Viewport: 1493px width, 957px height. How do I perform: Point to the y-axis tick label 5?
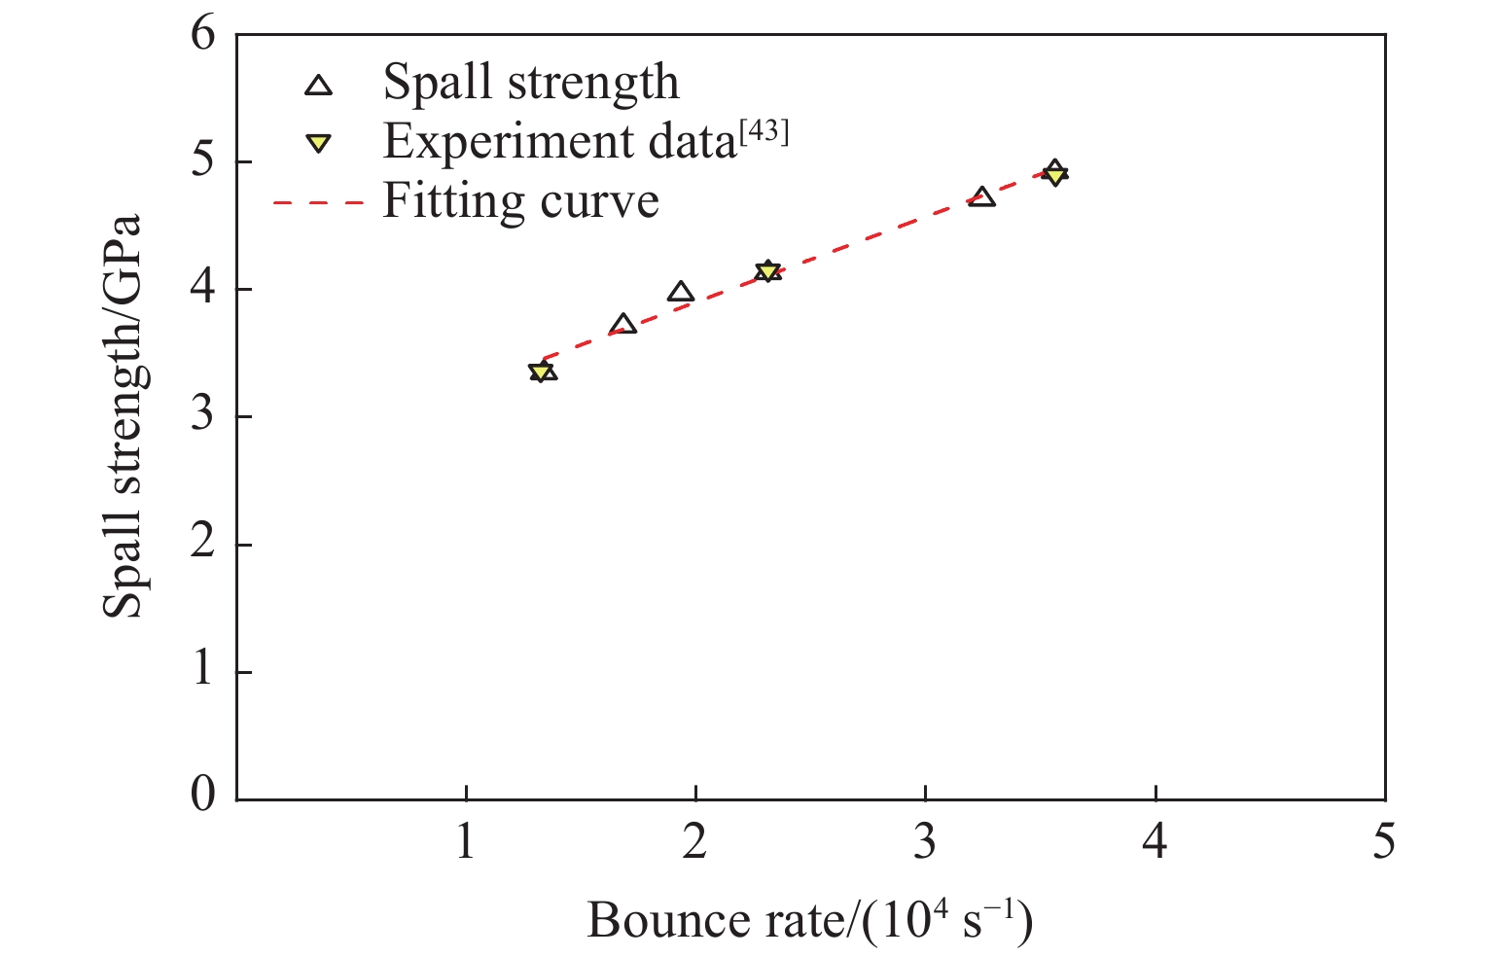pos(203,162)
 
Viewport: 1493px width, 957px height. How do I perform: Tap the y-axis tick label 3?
pos(203,417)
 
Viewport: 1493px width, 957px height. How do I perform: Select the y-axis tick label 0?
pos(203,796)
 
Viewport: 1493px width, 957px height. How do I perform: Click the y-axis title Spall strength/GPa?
pos(124,416)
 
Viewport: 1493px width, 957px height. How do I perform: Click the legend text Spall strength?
pos(531,83)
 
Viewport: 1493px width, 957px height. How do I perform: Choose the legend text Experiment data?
pos(559,143)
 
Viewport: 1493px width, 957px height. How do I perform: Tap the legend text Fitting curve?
pos(521,202)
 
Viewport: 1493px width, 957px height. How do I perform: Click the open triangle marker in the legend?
pos(319,86)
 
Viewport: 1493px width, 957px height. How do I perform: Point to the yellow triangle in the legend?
pos(319,144)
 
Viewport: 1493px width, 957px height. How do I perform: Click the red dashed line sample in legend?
pos(319,203)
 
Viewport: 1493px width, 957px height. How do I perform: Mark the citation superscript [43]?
pos(764,132)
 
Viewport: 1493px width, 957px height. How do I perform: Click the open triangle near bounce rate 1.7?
pos(623,325)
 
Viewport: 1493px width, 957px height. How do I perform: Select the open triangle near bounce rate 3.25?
pos(982,197)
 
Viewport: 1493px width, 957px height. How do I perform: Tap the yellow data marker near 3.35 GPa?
pos(541,372)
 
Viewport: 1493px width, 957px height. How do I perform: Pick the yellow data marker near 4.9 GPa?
pos(1054,175)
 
